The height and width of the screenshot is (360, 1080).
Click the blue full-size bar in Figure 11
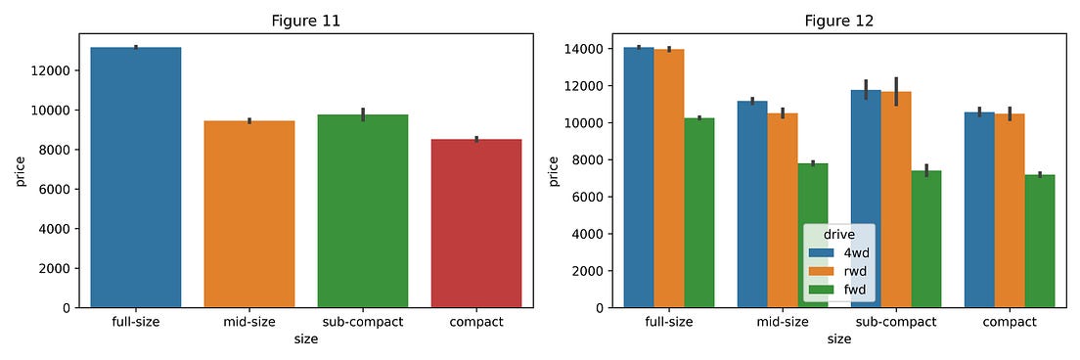coord(136,177)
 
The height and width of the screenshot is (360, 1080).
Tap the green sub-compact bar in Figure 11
coord(363,211)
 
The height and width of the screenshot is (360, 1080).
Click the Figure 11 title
coord(306,21)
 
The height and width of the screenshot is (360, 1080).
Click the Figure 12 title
coord(838,21)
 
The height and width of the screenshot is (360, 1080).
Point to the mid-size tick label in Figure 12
coord(783,322)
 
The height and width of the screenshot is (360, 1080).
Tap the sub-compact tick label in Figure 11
coord(363,322)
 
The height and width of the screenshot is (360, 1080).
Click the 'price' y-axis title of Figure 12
coord(554,170)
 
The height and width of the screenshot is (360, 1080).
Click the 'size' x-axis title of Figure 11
coord(306,339)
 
